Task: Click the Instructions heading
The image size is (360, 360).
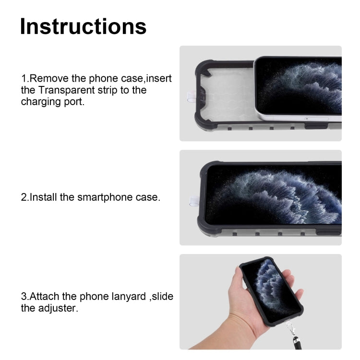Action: point(83,26)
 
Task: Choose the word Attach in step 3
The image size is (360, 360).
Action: point(45,296)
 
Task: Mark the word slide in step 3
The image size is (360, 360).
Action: point(162,296)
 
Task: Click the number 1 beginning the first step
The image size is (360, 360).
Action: point(23,78)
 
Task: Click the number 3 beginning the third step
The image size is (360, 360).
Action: point(23,296)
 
